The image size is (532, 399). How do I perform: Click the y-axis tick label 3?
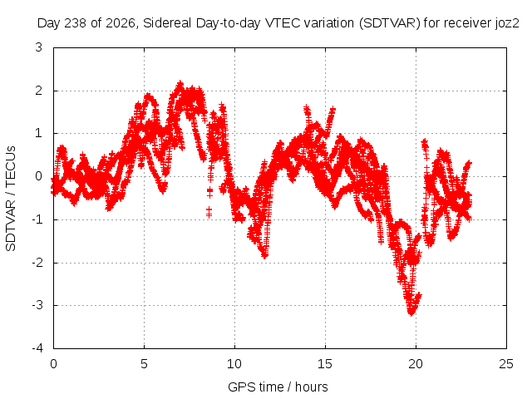[39, 47]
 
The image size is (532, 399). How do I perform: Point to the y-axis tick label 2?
[39, 91]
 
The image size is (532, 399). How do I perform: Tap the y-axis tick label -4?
[37, 348]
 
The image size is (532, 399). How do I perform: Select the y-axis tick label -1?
[37, 219]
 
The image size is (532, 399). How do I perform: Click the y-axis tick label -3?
[37, 305]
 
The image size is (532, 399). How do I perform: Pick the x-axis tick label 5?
[144, 364]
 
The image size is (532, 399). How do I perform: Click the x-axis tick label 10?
[234, 364]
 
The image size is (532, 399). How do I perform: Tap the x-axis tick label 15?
[325, 364]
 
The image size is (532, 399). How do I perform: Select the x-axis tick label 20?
[416, 364]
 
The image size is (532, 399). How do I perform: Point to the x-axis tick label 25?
[506, 364]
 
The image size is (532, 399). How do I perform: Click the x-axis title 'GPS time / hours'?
[278, 387]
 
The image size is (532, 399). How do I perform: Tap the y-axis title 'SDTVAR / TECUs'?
[11, 199]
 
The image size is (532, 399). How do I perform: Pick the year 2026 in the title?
[121, 23]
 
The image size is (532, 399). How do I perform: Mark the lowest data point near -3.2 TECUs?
[411, 313]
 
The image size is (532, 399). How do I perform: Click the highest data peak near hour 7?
[180, 83]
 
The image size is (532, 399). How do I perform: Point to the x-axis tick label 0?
[53, 364]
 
